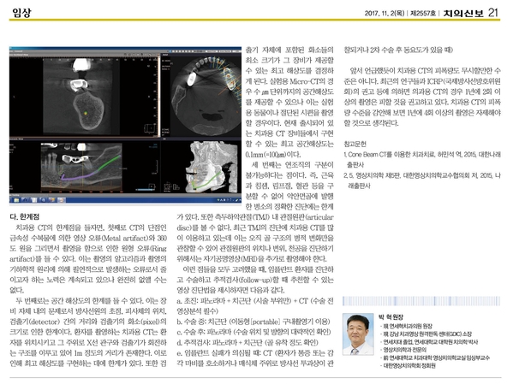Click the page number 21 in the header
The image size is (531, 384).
(516, 11)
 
